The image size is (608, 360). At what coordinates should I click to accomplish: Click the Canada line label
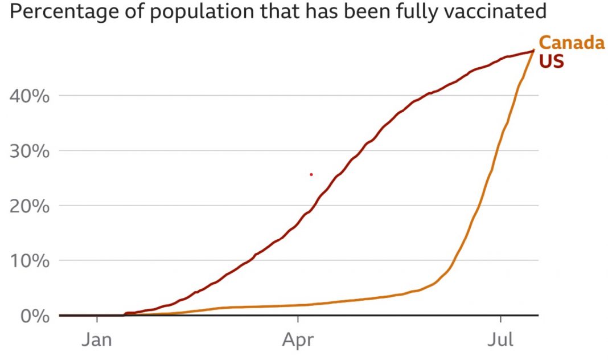pyautogui.click(x=571, y=43)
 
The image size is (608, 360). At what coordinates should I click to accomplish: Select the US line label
pyautogui.click(x=551, y=62)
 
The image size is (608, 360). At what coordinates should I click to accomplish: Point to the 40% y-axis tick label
pyautogui.click(x=30, y=96)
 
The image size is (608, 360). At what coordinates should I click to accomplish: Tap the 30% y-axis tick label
pyautogui.click(x=30, y=151)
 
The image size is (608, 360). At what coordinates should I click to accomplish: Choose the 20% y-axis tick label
pyautogui.click(x=30, y=206)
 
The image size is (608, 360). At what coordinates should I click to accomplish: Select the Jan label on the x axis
pyautogui.click(x=97, y=341)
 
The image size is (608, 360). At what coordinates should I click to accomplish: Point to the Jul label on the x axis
pyautogui.click(x=501, y=341)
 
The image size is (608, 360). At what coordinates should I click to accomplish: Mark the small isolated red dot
pyautogui.click(x=311, y=174)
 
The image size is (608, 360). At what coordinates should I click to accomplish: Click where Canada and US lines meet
pyautogui.click(x=533, y=51)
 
